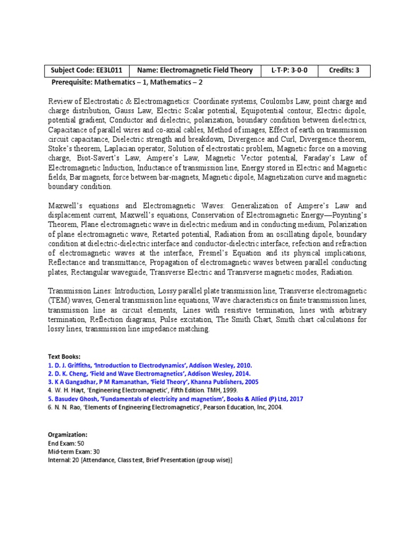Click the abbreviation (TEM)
tap(58, 301)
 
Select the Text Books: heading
tap(64, 357)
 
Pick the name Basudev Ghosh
tap(77, 398)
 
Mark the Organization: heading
tap(68, 434)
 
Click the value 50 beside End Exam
tap(81, 443)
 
